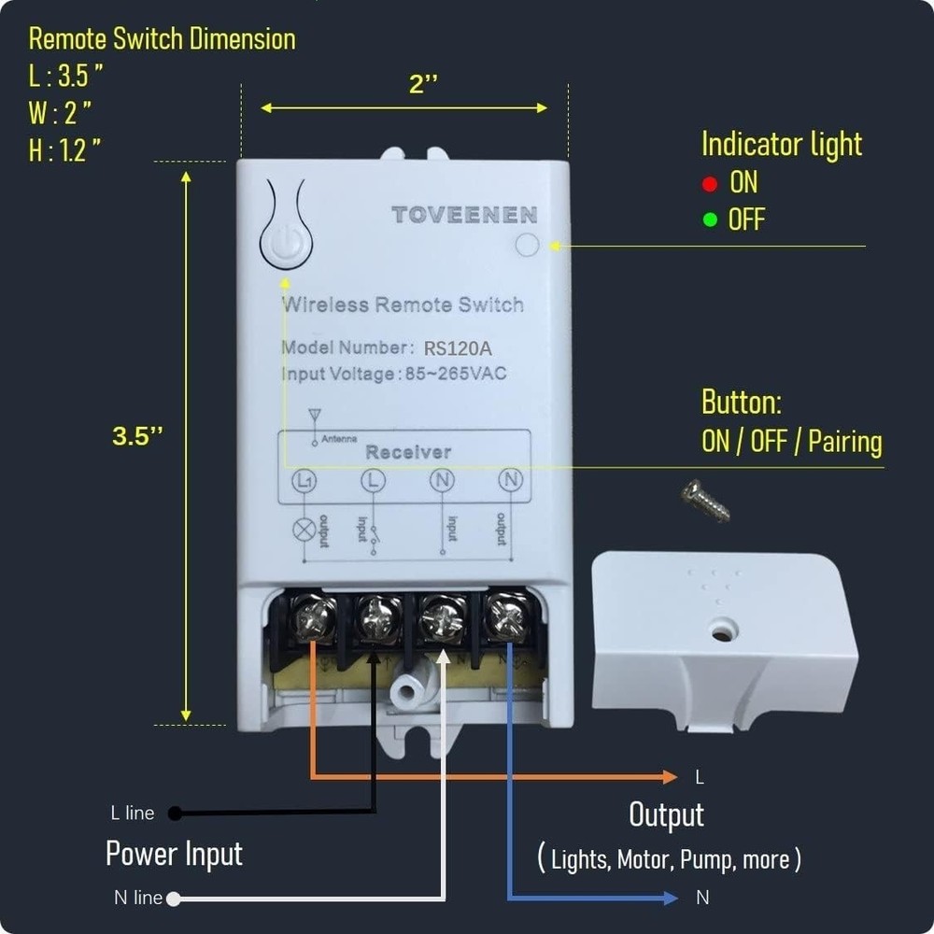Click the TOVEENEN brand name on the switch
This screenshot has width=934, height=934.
point(464,215)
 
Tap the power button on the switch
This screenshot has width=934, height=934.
point(285,245)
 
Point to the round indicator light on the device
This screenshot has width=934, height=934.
point(527,245)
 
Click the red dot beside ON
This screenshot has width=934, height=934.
point(710,184)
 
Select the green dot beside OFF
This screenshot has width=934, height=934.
point(710,220)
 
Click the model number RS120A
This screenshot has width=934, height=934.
point(458,348)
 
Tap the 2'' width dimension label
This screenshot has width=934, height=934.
point(423,84)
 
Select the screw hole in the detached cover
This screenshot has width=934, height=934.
point(720,633)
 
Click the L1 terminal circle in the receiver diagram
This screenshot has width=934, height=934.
point(304,482)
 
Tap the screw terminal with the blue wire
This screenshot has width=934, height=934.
point(507,616)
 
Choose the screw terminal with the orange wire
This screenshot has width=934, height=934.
point(315,618)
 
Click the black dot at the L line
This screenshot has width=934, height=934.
point(175,814)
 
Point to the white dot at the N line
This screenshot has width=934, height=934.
point(173,899)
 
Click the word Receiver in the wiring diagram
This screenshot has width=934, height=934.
point(408,452)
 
